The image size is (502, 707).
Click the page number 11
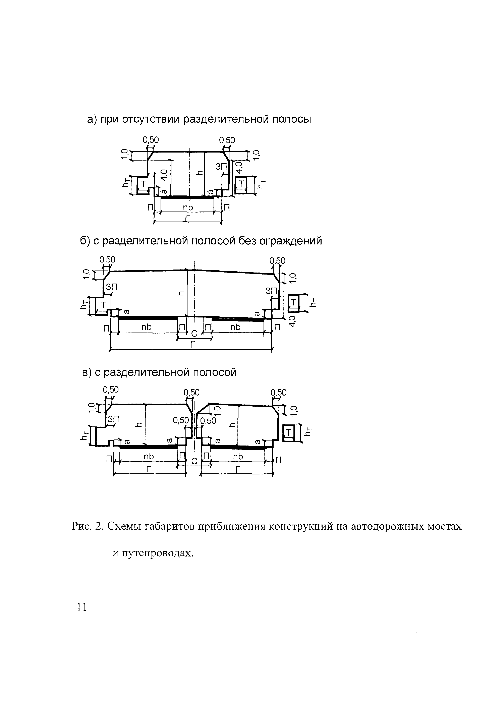pos(82,607)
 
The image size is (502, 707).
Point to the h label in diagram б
pos(182,293)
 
